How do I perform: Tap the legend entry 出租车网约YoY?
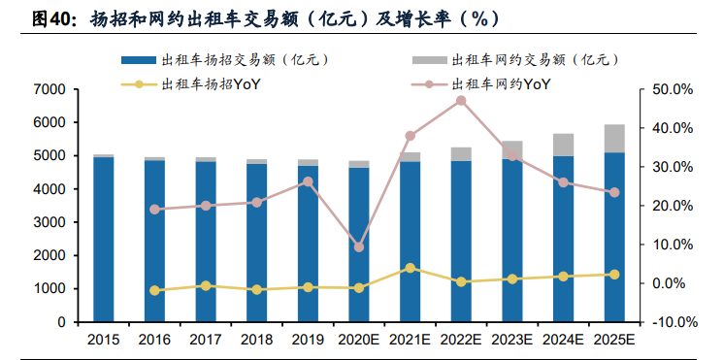[501, 84]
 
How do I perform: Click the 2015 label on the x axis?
[104, 340]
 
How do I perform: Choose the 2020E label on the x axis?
[359, 340]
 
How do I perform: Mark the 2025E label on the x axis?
[614, 340]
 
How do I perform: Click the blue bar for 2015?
[104, 239]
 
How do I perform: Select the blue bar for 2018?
[257, 243]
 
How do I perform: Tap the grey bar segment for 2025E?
[614, 139]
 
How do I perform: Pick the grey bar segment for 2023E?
[512, 149]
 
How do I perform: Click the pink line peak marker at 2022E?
[461, 101]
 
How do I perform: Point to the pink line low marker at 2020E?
[359, 247]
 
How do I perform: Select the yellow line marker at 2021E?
[411, 268]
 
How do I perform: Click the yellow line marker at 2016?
[155, 290]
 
